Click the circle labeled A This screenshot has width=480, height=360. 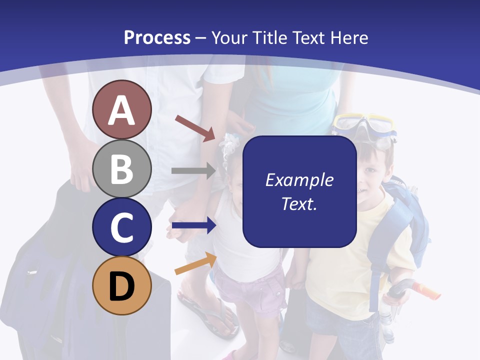coord(122,110)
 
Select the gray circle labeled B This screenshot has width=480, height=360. coord(122,168)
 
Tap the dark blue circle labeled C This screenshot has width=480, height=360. coord(122,227)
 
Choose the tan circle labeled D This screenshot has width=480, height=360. coord(122,285)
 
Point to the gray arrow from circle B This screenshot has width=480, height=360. coord(193,170)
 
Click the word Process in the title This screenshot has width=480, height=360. coord(157,37)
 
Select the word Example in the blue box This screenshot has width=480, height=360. coord(299,180)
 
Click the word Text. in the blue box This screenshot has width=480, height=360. coord(299,203)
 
